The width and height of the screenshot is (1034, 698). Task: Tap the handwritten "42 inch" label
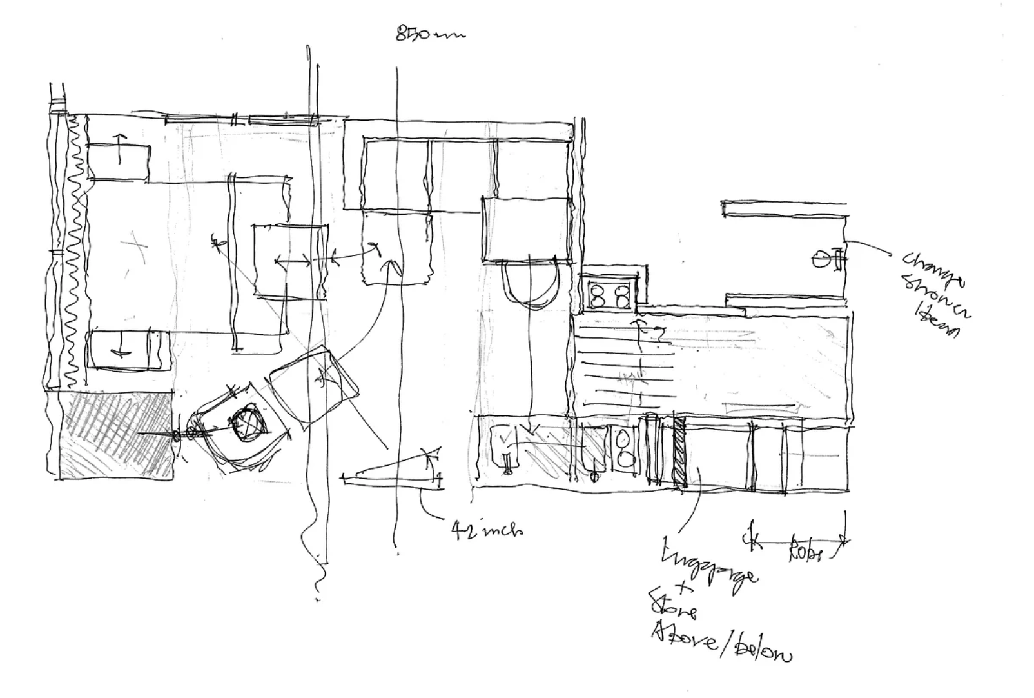click(487, 530)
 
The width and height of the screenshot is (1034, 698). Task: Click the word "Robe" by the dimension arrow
click(806, 553)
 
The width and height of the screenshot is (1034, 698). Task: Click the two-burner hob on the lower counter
click(623, 448)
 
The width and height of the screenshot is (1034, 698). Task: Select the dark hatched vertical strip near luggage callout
click(679, 451)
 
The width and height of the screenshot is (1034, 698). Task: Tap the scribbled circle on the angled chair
click(248, 423)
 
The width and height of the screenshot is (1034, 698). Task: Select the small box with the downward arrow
click(120, 350)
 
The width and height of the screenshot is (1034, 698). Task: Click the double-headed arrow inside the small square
click(293, 261)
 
